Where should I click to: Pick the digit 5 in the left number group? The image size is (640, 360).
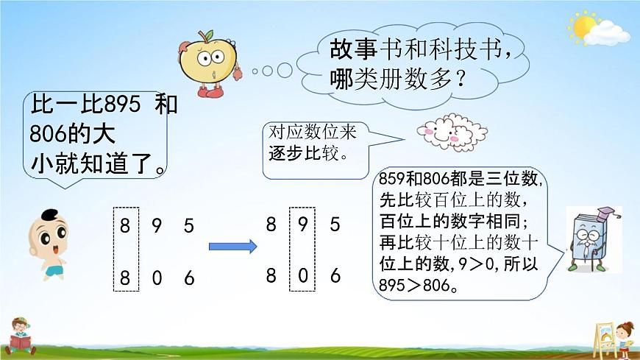pyautogui.click(x=189, y=226)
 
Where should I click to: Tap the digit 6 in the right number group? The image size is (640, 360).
pyautogui.click(x=335, y=276)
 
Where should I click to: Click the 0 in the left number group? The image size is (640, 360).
pyautogui.click(x=157, y=278)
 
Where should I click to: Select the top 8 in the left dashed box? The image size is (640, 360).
pyautogui.click(x=125, y=226)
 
